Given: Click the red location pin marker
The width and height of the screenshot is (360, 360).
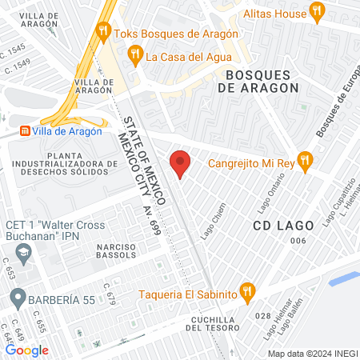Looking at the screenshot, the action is click(x=181, y=163).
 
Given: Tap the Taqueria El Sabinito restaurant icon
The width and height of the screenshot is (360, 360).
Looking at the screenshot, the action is click(x=247, y=290).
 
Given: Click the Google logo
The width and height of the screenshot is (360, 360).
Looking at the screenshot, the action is click(x=27, y=350).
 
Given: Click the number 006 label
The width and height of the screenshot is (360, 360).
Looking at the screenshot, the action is click(x=298, y=242).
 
